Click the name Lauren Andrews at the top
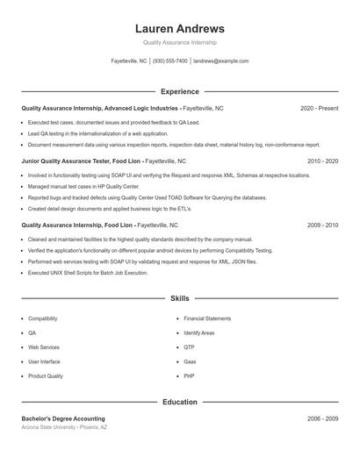179,28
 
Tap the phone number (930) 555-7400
170,61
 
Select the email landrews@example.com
220,61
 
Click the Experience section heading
179,91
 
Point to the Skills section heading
179,299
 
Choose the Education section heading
179,402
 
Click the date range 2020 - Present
319,108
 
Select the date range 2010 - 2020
322,161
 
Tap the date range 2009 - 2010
322,225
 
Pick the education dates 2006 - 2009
322,419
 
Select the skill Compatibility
43,318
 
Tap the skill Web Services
44,347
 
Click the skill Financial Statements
207,318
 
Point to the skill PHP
189,376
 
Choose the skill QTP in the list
189,347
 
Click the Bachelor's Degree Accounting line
63,419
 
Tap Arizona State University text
63,427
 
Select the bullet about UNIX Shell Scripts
88,273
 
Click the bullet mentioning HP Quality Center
83,187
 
